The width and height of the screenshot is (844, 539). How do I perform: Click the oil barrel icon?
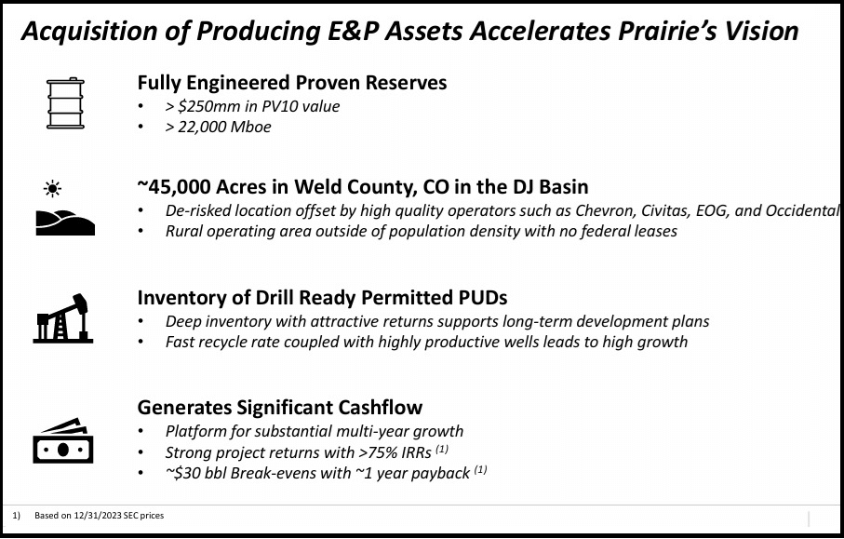65,102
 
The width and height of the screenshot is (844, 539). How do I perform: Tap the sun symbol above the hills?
53,190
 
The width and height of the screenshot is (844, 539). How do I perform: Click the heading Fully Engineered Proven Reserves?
292,83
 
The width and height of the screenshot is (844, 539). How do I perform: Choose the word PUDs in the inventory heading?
481,298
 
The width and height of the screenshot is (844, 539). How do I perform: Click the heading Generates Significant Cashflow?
280,407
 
